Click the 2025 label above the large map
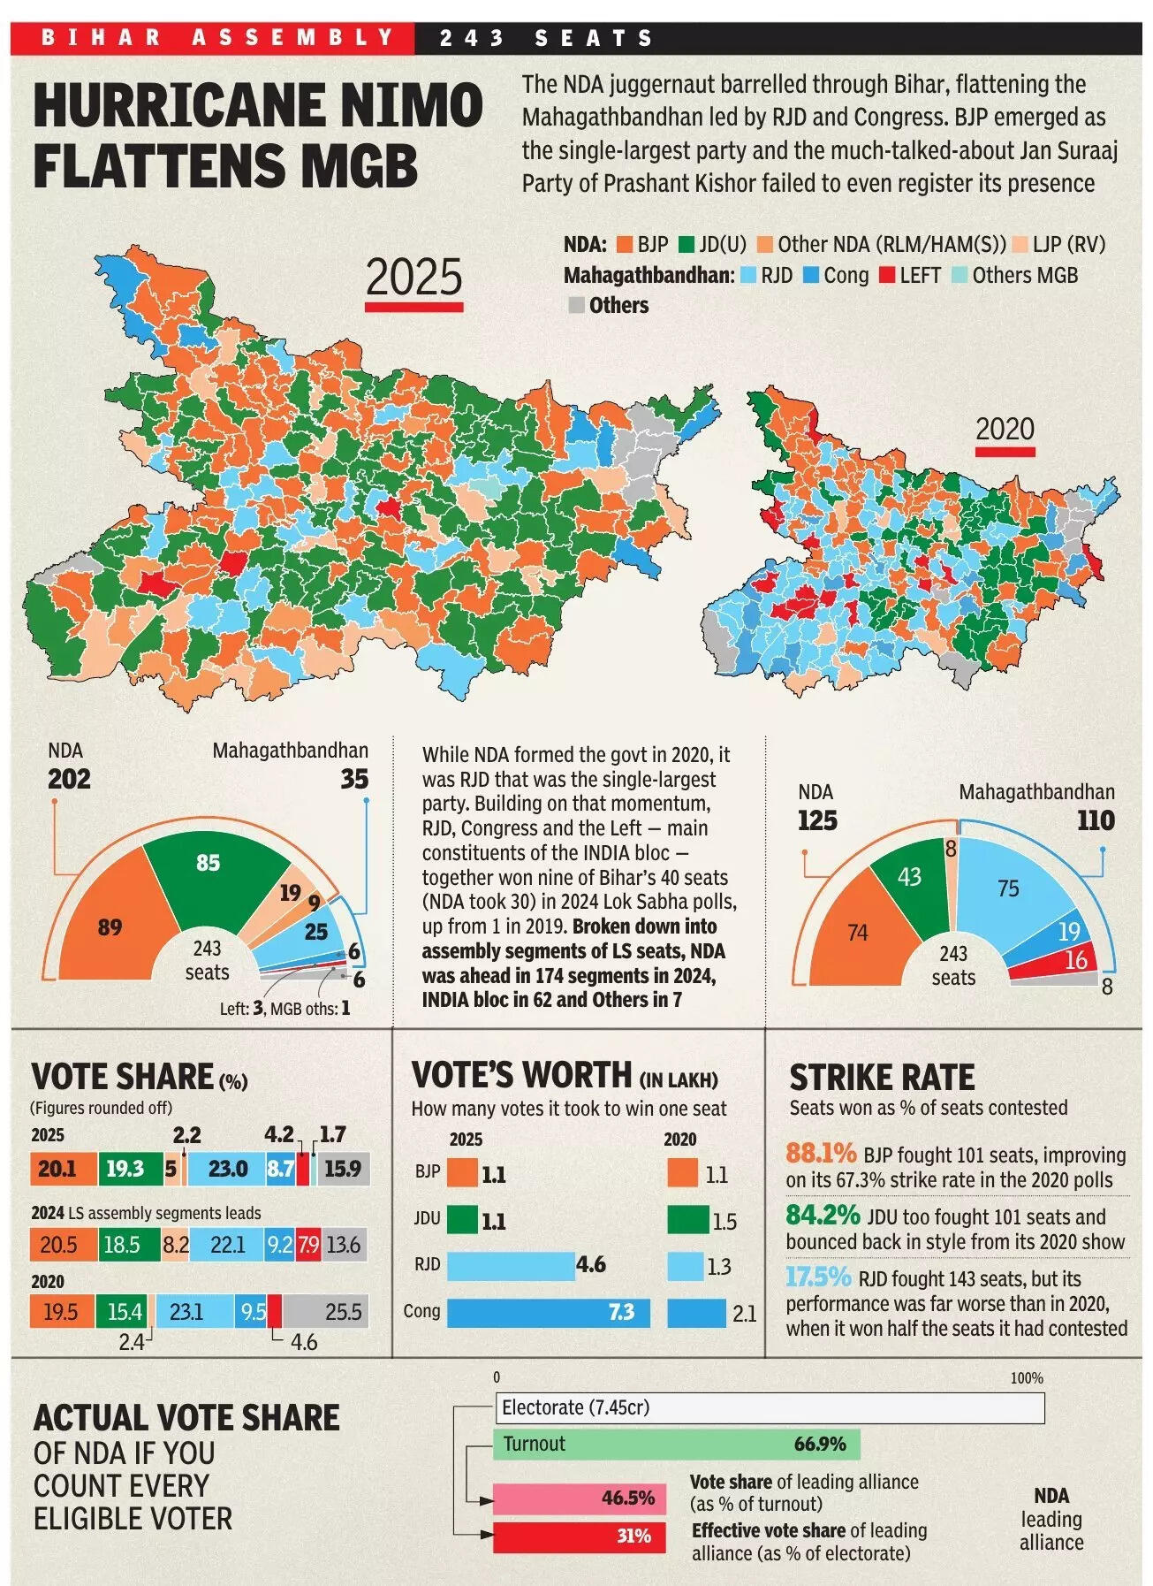[413, 278]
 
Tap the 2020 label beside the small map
[1005, 430]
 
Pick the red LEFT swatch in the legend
[887, 276]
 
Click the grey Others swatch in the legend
[576, 306]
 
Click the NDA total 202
[69, 779]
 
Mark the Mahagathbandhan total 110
[1096, 820]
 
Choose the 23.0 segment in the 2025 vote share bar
[227, 1169]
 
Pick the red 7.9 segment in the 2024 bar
[308, 1245]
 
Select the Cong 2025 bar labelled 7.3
[548, 1312]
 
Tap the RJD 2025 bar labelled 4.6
[511, 1266]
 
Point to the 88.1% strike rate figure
[821, 1154]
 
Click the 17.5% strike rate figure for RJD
[818, 1277]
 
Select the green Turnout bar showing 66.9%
[676, 1444]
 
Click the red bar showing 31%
[579, 1536]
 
